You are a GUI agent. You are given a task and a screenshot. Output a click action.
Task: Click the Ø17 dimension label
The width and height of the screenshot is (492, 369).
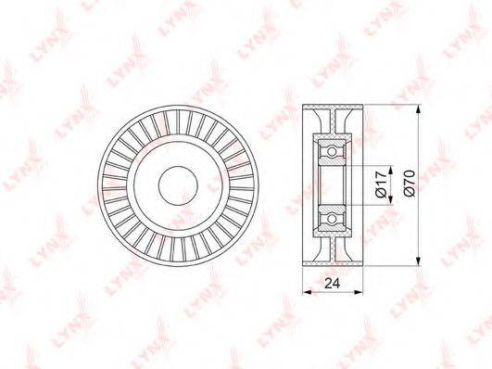tap(381, 184)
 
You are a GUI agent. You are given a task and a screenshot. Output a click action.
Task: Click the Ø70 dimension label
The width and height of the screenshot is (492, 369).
tap(410, 183)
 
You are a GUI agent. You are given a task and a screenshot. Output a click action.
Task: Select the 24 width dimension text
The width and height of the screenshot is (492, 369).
tap(333, 284)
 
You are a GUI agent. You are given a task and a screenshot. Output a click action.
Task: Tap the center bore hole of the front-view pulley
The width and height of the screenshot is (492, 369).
tap(178, 185)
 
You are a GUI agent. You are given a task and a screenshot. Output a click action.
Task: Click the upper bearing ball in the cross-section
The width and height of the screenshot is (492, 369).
tap(332, 152)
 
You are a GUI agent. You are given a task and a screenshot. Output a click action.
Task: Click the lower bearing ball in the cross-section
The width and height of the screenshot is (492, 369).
tap(332, 218)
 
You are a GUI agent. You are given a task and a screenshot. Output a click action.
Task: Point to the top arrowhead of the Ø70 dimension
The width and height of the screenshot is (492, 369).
tap(418, 109)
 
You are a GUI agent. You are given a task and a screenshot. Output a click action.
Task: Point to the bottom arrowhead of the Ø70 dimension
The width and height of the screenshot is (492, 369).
tap(418, 261)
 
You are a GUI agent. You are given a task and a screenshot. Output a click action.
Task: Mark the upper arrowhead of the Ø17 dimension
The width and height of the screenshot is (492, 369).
tap(391, 170)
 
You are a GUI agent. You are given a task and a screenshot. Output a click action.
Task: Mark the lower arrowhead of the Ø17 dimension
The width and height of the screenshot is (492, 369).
tap(391, 200)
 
